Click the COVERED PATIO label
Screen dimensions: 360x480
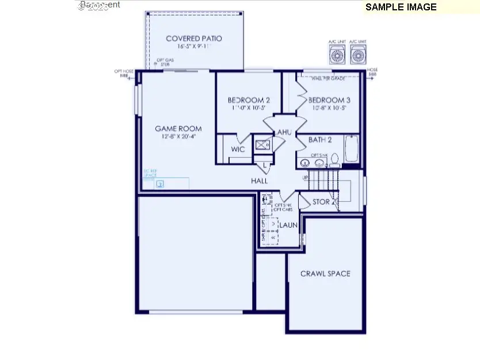(x=194, y=39)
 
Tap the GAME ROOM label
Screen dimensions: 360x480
(x=178, y=129)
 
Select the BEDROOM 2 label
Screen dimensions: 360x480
(x=249, y=100)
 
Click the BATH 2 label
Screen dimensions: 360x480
(x=320, y=140)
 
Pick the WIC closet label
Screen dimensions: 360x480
(x=238, y=150)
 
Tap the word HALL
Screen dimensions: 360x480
(x=260, y=181)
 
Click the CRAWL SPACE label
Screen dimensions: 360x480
(x=325, y=274)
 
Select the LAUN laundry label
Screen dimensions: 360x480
(x=288, y=225)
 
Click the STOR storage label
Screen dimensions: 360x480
(x=321, y=202)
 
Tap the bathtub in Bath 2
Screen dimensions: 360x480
(x=352, y=149)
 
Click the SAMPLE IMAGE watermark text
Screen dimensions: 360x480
(x=401, y=7)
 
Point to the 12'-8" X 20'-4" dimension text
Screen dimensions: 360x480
(x=178, y=136)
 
